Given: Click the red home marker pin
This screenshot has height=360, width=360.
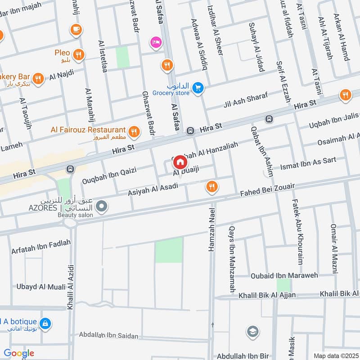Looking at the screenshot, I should click(x=180, y=162).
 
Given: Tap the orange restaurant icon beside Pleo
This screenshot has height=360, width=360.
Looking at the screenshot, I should click(x=79, y=54).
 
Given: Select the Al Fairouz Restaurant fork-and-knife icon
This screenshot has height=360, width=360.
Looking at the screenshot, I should click(x=133, y=132).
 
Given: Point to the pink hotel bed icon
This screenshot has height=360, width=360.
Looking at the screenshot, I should click(x=155, y=42).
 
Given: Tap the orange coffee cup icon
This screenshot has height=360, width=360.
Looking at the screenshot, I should click(x=76, y=30).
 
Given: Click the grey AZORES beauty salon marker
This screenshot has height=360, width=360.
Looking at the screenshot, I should click(x=102, y=207).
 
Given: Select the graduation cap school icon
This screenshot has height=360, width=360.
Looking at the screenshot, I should click(x=252, y=333).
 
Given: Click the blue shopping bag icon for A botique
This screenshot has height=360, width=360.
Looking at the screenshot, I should click(x=45, y=323).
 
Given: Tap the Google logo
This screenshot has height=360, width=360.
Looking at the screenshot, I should click(x=19, y=353).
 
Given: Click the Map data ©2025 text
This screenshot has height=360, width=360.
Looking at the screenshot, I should click(x=335, y=355).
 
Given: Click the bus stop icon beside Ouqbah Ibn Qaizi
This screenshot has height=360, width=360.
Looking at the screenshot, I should click(x=70, y=169).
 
